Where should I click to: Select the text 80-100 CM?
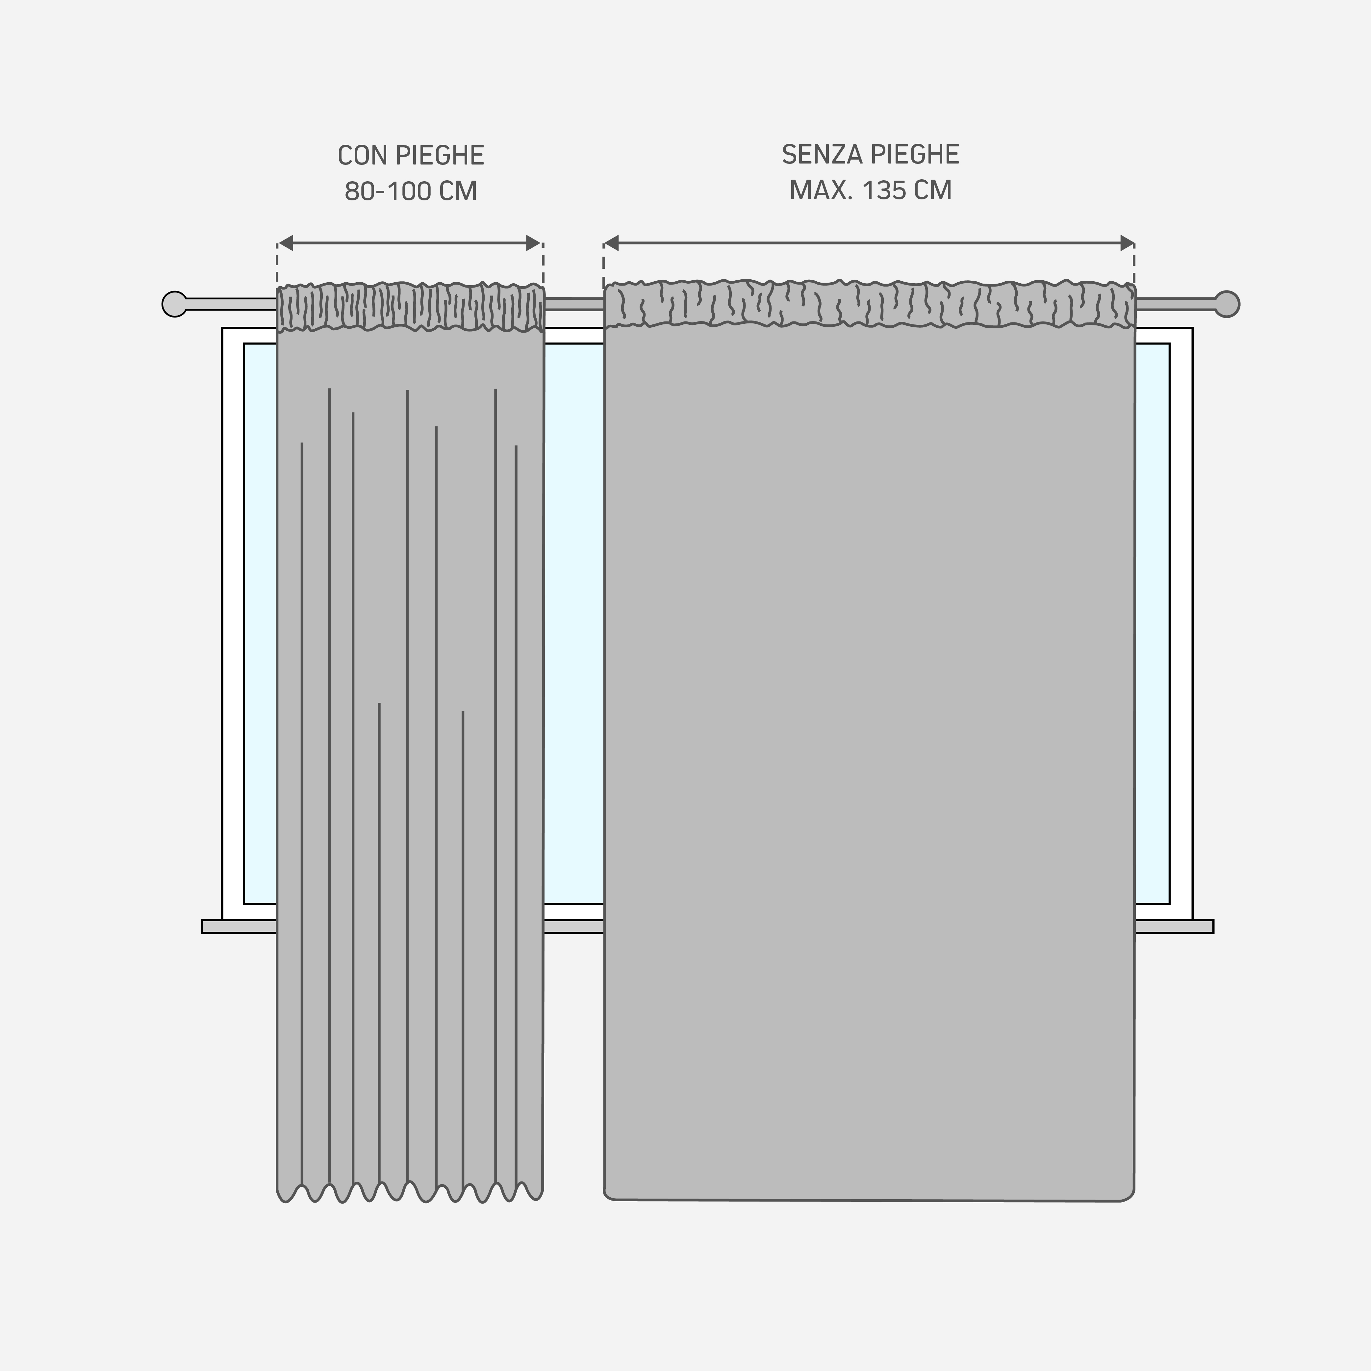(411, 191)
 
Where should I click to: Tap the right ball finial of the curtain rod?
(1227, 304)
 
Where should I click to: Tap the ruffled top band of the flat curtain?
(869, 304)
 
